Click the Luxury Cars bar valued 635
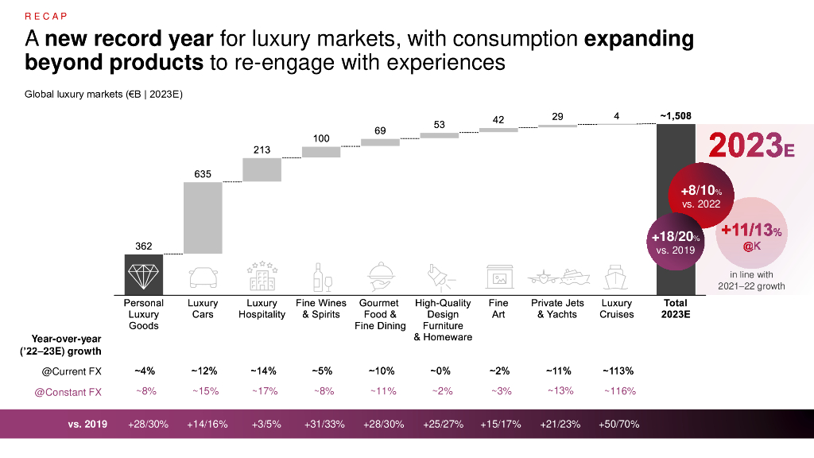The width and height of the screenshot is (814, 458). (203, 218)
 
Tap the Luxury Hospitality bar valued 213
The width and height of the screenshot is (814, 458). (262, 169)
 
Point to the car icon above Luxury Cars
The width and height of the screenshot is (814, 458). (203, 277)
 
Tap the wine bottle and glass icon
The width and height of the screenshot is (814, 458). (321, 277)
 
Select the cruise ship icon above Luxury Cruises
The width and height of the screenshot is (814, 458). (617, 277)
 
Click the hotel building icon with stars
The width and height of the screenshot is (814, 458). (262, 275)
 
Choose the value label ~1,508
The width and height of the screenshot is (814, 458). (675, 116)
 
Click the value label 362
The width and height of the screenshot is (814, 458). (144, 246)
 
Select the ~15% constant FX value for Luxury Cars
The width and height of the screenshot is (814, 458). (203, 390)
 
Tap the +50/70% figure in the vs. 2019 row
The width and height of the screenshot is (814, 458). (617, 424)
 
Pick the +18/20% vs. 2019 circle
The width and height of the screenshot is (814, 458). (675, 242)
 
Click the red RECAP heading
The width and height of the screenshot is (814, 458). (46, 16)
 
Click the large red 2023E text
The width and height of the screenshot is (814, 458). (746, 146)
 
